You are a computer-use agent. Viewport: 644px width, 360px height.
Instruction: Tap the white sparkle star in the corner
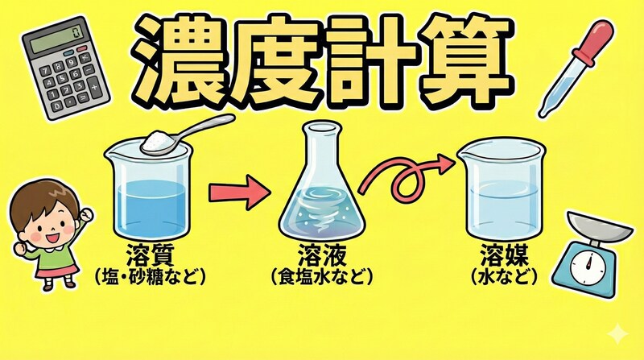(x=616, y=333)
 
